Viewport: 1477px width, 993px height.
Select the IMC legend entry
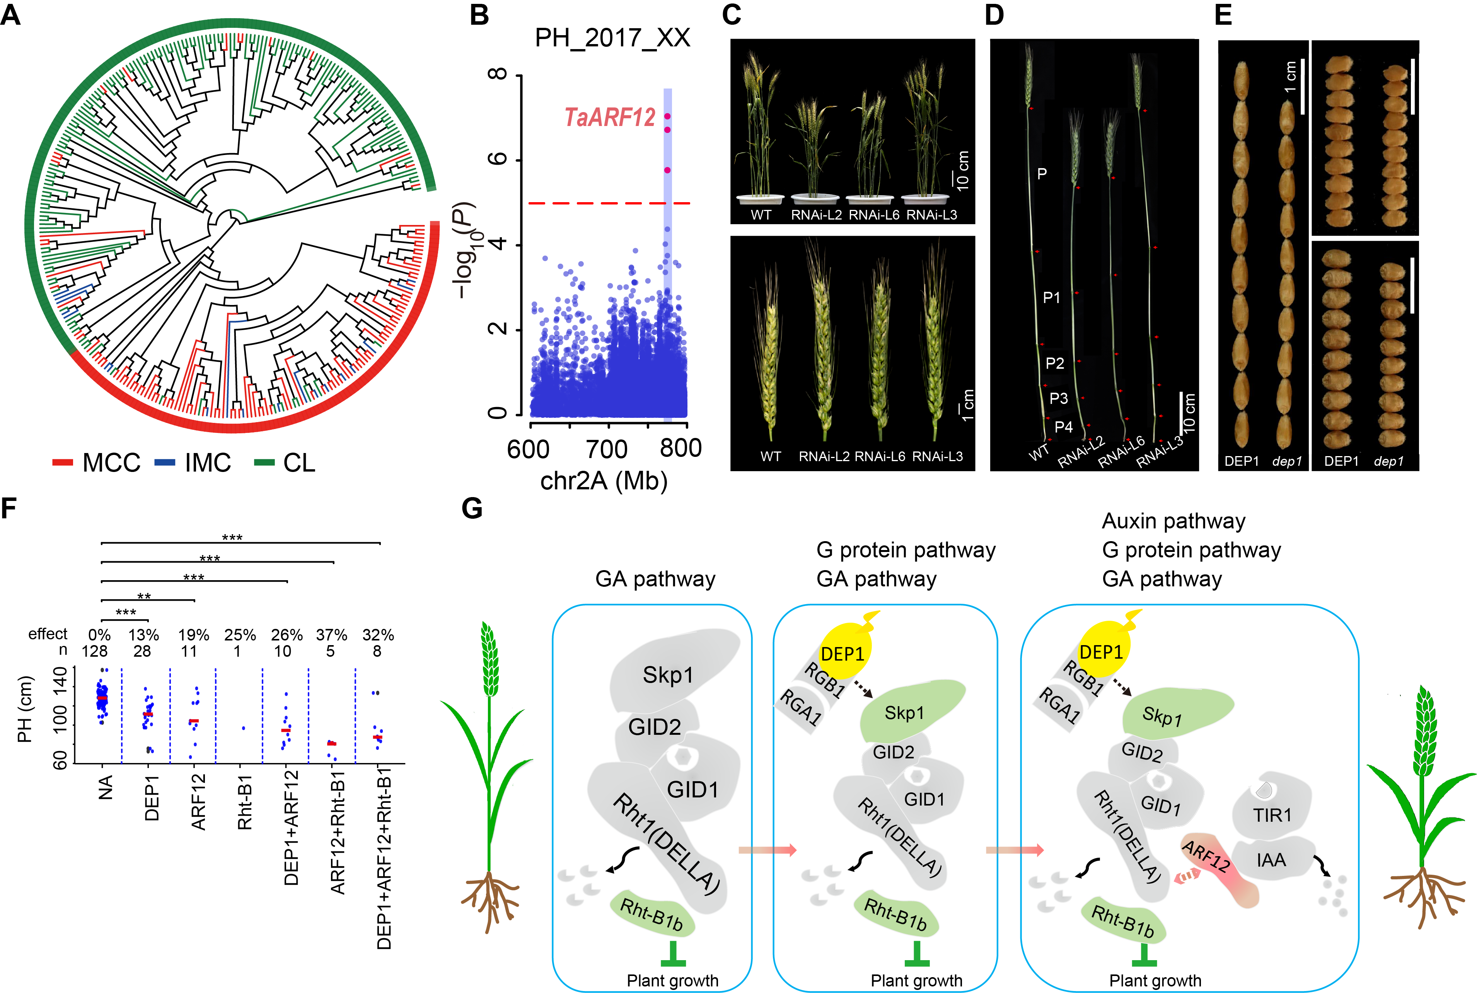pos(193,463)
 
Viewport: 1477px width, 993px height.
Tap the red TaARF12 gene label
pos(609,118)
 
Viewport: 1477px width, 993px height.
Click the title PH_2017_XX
pos(612,38)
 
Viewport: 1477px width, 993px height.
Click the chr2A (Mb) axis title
pos(604,481)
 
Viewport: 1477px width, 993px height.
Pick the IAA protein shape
pos(1271,860)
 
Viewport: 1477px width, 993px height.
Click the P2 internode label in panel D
pos(1054,363)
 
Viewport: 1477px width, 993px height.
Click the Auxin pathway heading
pos(1173,521)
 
